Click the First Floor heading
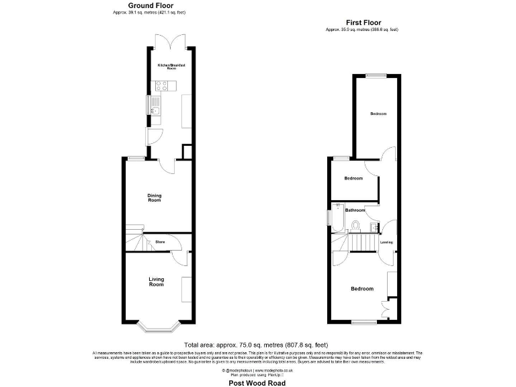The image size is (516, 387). click(364, 22)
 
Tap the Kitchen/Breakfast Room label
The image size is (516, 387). click(171, 67)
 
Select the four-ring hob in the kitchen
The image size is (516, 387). click(161, 85)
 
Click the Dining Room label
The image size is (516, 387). click(155, 198)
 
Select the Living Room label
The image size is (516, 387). click(156, 282)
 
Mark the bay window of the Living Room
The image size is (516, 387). click(156, 328)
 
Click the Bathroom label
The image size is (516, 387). click(355, 210)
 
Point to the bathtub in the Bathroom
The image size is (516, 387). click(336, 217)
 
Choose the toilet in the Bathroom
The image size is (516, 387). click(357, 225)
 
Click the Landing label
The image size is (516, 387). click(386, 242)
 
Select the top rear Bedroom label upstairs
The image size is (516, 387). click(378, 114)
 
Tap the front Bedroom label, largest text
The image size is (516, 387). click(362, 289)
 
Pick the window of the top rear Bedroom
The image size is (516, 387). click(376, 75)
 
